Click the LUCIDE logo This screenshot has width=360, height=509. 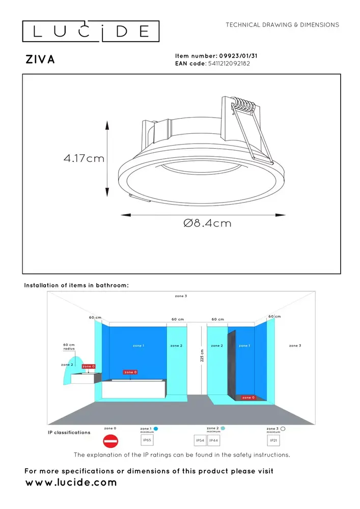(91, 32)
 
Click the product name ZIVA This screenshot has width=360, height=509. (40, 60)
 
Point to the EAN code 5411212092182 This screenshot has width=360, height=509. (229, 64)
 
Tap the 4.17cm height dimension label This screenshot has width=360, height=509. (84, 158)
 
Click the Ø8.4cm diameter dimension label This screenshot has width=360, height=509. (207, 223)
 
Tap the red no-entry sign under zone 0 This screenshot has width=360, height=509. (110, 441)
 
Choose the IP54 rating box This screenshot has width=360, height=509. (201, 440)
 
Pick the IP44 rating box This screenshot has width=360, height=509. (214, 440)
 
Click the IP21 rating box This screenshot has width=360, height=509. (273, 440)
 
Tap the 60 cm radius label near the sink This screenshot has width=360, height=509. (69, 347)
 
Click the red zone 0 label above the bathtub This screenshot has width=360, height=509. (130, 373)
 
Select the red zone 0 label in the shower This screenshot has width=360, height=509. (248, 398)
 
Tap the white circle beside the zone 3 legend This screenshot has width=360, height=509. (283, 429)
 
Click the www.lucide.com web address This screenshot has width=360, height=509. (71, 483)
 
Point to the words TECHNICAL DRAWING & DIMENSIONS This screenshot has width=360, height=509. (282, 24)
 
